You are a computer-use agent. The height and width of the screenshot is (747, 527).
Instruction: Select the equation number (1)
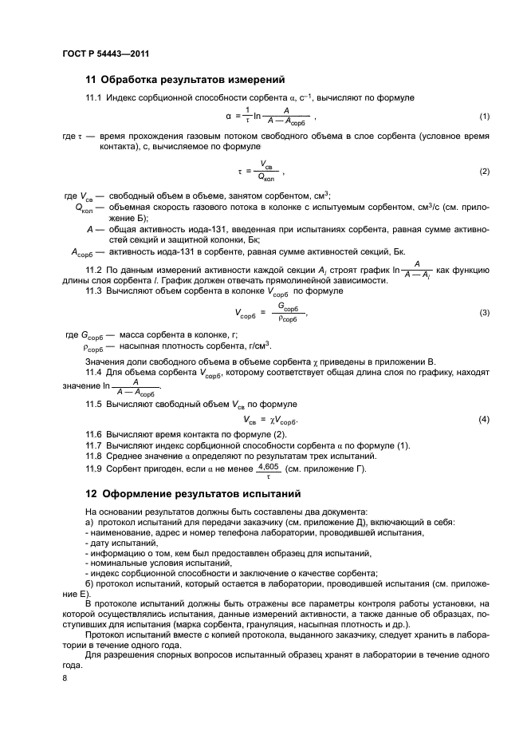click(x=484, y=117)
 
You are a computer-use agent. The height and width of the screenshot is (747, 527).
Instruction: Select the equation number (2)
click(x=484, y=172)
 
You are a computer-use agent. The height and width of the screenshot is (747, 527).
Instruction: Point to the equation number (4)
click(x=484, y=419)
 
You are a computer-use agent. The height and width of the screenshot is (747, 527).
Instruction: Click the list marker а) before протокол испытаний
click(x=88, y=521)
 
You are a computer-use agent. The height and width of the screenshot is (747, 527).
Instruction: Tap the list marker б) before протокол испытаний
click(x=88, y=583)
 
